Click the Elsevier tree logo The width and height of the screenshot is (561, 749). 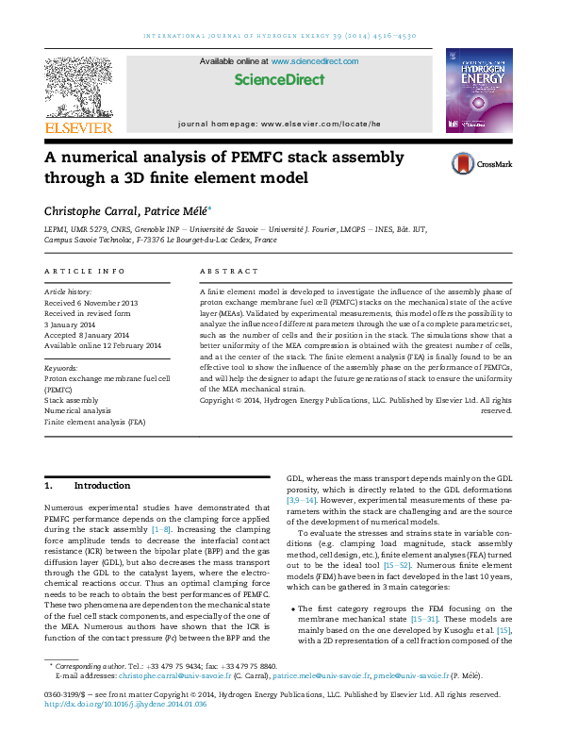click(79, 86)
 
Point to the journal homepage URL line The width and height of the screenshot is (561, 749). click(279, 124)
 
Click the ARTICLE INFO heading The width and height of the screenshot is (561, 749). click(84, 271)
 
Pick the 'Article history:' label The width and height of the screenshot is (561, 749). click(67, 293)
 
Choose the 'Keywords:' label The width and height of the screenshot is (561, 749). click(61, 368)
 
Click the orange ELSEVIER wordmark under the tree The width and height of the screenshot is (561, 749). click(79, 126)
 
